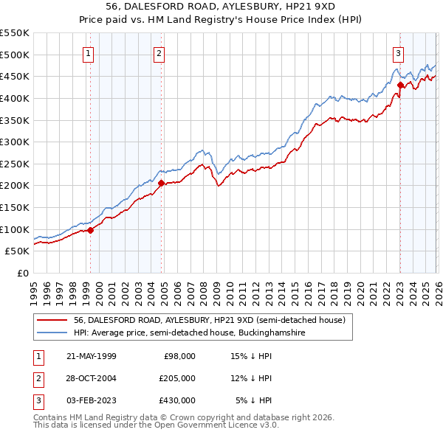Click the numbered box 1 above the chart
(x=89, y=52)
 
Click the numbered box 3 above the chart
(x=398, y=52)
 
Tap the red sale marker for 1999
(x=90, y=230)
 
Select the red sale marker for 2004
(x=161, y=183)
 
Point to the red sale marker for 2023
(x=399, y=85)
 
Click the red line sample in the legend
(x=53, y=320)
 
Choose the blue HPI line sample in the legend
(x=53, y=333)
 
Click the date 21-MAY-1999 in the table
(x=91, y=356)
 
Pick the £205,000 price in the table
(x=176, y=378)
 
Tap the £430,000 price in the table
(x=176, y=400)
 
